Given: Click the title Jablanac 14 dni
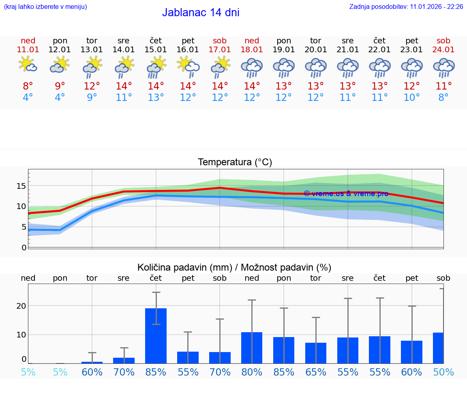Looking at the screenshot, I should [201, 13].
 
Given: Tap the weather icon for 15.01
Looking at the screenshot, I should [156, 67].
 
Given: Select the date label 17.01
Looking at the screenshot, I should [220, 49].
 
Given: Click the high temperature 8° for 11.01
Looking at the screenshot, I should [28, 86].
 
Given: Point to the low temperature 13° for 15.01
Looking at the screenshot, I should [156, 98].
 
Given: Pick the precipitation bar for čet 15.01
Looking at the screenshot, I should [156, 335].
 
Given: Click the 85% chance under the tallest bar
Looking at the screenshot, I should [156, 372].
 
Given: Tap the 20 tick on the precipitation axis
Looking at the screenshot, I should [21, 305].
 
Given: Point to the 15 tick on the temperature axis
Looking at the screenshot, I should [21, 186].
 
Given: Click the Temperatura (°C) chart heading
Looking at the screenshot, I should [235, 162].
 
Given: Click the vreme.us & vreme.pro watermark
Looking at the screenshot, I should [346, 193].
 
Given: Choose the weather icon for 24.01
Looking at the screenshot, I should [443, 67].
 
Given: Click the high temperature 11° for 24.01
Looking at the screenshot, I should [443, 86].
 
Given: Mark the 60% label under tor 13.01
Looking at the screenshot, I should [92, 372].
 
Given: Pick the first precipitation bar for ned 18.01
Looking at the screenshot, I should [252, 348].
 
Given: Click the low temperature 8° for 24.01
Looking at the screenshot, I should [443, 98].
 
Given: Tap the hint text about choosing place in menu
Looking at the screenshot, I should [45, 7].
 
